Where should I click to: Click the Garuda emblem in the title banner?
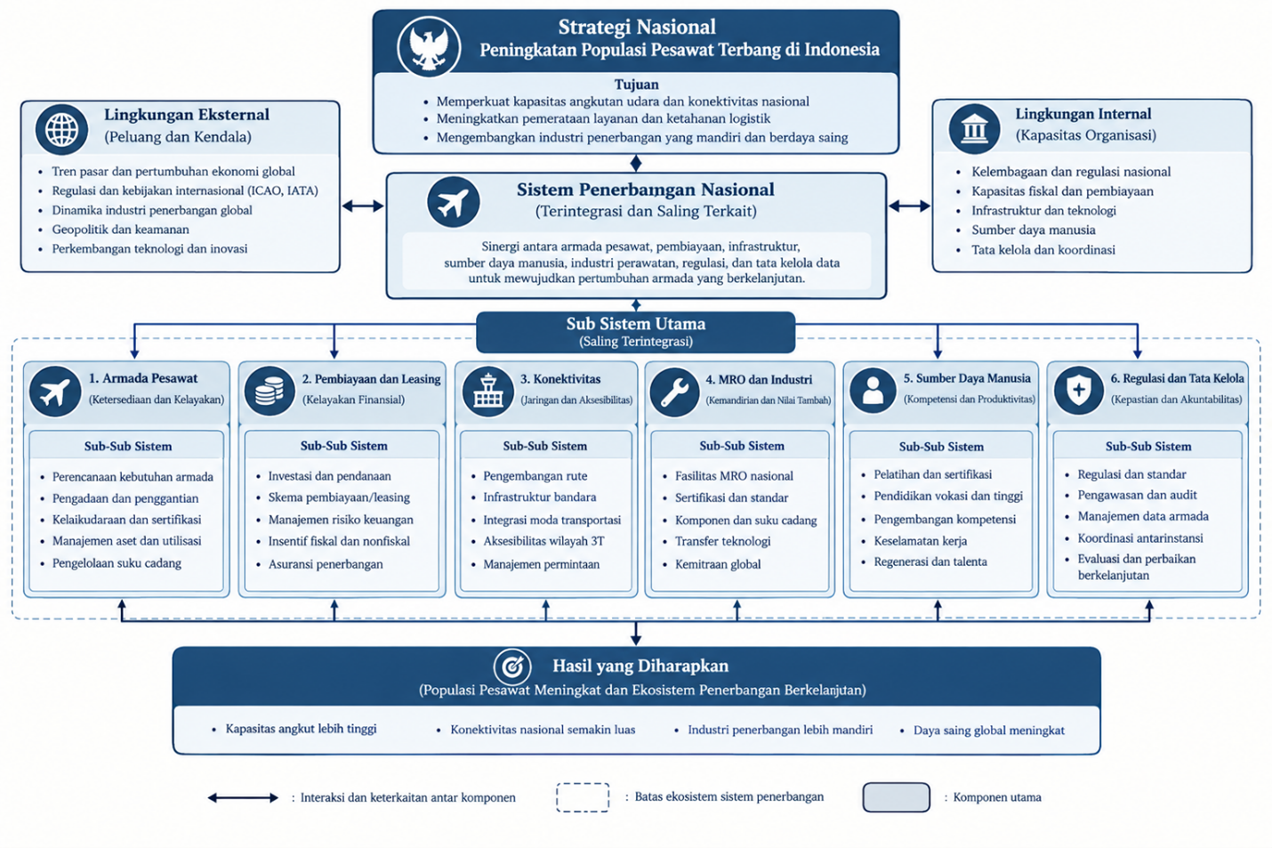(429, 46)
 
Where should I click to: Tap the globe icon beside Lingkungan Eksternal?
(61, 130)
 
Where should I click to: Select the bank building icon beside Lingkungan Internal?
(974, 129)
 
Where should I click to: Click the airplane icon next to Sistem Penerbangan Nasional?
(453, 202)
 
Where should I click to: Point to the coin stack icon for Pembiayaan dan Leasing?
(270, 391)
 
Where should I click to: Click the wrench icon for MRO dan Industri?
(674, 392)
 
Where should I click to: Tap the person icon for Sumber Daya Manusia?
(873, 391)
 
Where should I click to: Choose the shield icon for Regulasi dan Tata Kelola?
(1079, 391)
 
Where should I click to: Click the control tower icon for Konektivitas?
(488, 392)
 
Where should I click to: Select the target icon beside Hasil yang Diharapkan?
(512, 666)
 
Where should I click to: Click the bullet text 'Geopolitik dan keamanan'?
(120, 230)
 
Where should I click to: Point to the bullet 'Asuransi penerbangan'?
(326, 564)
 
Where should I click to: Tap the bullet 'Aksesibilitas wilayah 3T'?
(543, 541)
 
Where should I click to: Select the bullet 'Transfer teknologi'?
(722, 541)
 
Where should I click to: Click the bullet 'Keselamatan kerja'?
(920, 541)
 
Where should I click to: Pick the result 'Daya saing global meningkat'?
(988, 731)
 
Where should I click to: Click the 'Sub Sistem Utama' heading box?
(635, 332)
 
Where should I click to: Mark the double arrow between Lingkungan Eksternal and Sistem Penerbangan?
(363, 206)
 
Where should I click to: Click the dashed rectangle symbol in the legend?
(583, 797)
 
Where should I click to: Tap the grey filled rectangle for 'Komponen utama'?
(896, 797)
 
